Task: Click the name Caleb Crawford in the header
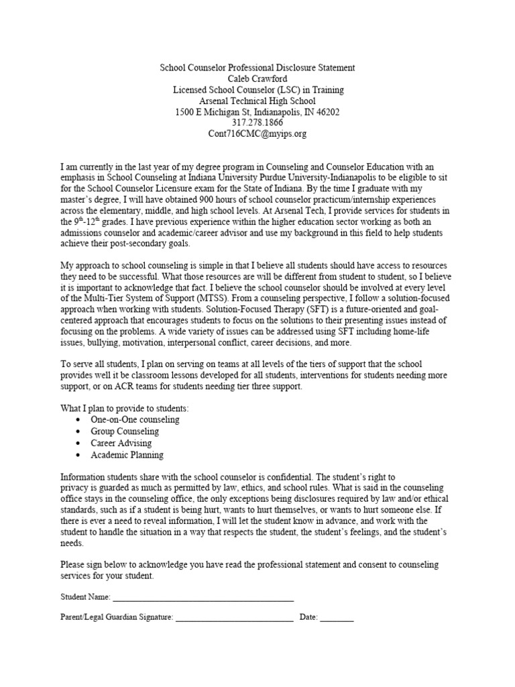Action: (257, 79)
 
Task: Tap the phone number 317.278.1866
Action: (257, 123)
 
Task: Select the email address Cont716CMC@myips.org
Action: (257, 134)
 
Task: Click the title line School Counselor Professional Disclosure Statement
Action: (257, 68)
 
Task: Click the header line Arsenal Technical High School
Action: (257, 101)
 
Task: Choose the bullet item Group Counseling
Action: (125, 431)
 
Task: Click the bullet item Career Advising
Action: (121, 443)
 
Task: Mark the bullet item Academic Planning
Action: (127, 455)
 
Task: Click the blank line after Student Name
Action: (203, 596)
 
